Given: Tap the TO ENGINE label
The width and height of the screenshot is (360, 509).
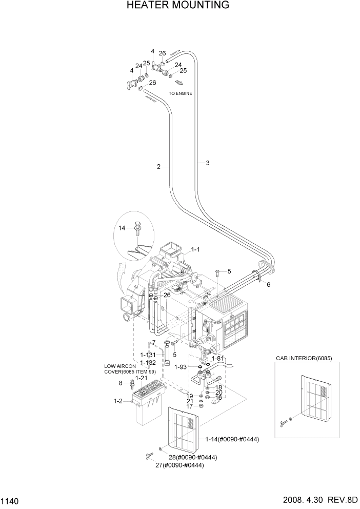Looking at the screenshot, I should (x=181, y=93).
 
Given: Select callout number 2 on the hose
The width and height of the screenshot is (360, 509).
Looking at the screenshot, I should (x=159, y=166).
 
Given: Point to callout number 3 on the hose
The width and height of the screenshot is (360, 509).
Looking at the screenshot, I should (x=207, y=163).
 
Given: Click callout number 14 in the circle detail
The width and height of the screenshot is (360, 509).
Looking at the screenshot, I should (x=122, y=228).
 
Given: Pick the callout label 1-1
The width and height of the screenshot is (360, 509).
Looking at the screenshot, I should (x=195, y=250).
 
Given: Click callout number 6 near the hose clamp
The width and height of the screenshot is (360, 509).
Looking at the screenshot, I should (x=268, y=284).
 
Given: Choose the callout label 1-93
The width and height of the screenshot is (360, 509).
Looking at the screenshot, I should (x=181, y=367).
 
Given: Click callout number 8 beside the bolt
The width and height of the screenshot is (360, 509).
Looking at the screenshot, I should (x=121, y=383).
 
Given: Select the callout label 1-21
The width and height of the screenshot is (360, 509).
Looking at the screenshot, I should (x=142, y=378).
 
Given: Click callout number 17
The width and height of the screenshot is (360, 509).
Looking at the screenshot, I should (x=189, y=406).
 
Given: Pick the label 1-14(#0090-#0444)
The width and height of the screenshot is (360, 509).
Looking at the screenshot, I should (x=232, y=439).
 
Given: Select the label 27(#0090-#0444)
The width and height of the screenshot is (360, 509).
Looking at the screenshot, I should (x=179, y=465).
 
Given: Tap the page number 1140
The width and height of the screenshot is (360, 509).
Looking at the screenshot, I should (x=10, y=500).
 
